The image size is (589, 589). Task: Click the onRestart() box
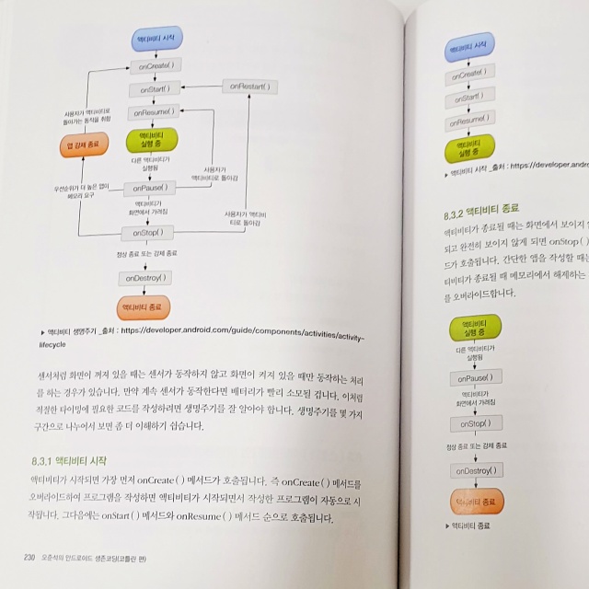coord(248,87)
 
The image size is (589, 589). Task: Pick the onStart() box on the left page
coord(157,89)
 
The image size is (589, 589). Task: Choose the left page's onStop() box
coord(147,232)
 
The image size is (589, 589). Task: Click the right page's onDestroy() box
coord(478,470)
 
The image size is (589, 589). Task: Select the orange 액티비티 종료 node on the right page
coord(478,502)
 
